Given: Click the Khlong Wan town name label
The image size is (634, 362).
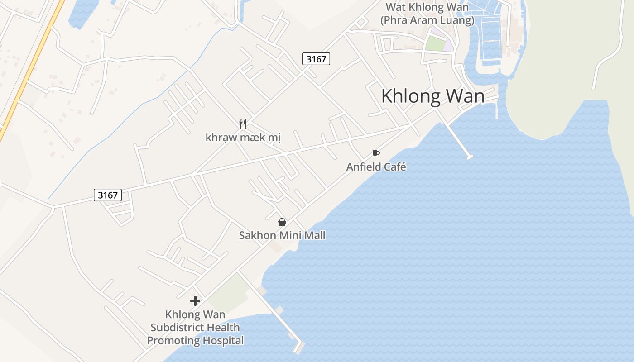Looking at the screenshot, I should [x=432, y=96].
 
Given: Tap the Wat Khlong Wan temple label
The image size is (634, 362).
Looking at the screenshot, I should [x=427, y=14].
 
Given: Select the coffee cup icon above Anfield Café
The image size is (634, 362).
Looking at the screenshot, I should [x=375, y=153].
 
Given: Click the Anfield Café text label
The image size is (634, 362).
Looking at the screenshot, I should [x=376, y=167].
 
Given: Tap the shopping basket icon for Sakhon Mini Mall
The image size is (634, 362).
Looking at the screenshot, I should [x=282, y=222].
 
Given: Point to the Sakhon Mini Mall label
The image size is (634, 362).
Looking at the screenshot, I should [x=282, y=235].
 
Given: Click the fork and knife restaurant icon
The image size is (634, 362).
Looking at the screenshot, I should [x=243, y=124].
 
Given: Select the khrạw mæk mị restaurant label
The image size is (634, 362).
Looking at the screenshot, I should [x=243, y=137].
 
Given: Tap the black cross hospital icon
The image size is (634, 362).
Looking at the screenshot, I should [x=195, y=301].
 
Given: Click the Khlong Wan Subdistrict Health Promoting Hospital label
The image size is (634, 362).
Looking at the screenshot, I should [x=195, y=327].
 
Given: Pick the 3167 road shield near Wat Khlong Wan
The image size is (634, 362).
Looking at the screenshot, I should [x=316, y=59].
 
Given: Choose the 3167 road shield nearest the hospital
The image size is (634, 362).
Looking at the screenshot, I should [x=108, y=195].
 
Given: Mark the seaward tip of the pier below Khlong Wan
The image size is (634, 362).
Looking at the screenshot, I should [x=470, y=157].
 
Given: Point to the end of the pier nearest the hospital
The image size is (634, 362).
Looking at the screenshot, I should [x=298, y=348].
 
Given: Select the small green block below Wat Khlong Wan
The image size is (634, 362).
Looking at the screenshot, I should [x=435, y=44].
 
